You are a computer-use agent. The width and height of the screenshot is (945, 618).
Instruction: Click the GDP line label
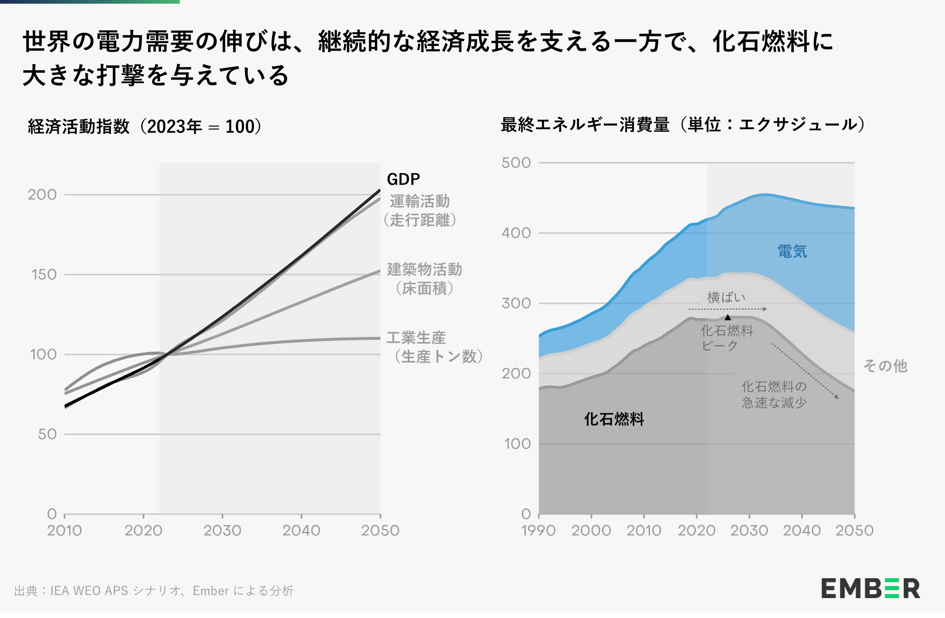403,179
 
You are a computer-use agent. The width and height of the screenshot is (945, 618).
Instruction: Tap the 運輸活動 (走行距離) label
420,210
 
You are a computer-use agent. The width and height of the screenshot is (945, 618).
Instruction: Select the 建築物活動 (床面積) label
424,279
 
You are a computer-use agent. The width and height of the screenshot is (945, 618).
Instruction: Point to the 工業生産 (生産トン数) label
434,347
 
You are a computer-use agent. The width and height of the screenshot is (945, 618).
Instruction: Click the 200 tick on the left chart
42,195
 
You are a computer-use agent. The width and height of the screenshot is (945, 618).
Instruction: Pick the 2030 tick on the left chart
222,530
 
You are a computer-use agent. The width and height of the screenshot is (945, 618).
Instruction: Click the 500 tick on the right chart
516,163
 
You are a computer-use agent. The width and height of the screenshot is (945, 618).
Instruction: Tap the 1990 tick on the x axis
538,530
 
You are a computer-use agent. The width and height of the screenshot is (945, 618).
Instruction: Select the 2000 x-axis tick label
591,530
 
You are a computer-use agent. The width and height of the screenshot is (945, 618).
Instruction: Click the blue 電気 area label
792,251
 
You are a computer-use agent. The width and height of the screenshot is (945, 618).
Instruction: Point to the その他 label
885,366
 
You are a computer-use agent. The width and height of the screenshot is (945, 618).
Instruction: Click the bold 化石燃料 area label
614,419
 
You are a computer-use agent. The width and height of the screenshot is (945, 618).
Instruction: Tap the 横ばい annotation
726,297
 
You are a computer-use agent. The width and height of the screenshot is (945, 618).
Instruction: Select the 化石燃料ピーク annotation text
727,338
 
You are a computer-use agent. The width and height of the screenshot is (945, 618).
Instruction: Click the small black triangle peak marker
728,317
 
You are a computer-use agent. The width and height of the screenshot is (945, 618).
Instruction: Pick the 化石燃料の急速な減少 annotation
774,394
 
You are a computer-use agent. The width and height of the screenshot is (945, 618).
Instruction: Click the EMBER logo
870,589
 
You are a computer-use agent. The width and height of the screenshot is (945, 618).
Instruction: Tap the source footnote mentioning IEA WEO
154,591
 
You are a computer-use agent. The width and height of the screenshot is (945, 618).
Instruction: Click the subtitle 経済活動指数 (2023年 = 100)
145,127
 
